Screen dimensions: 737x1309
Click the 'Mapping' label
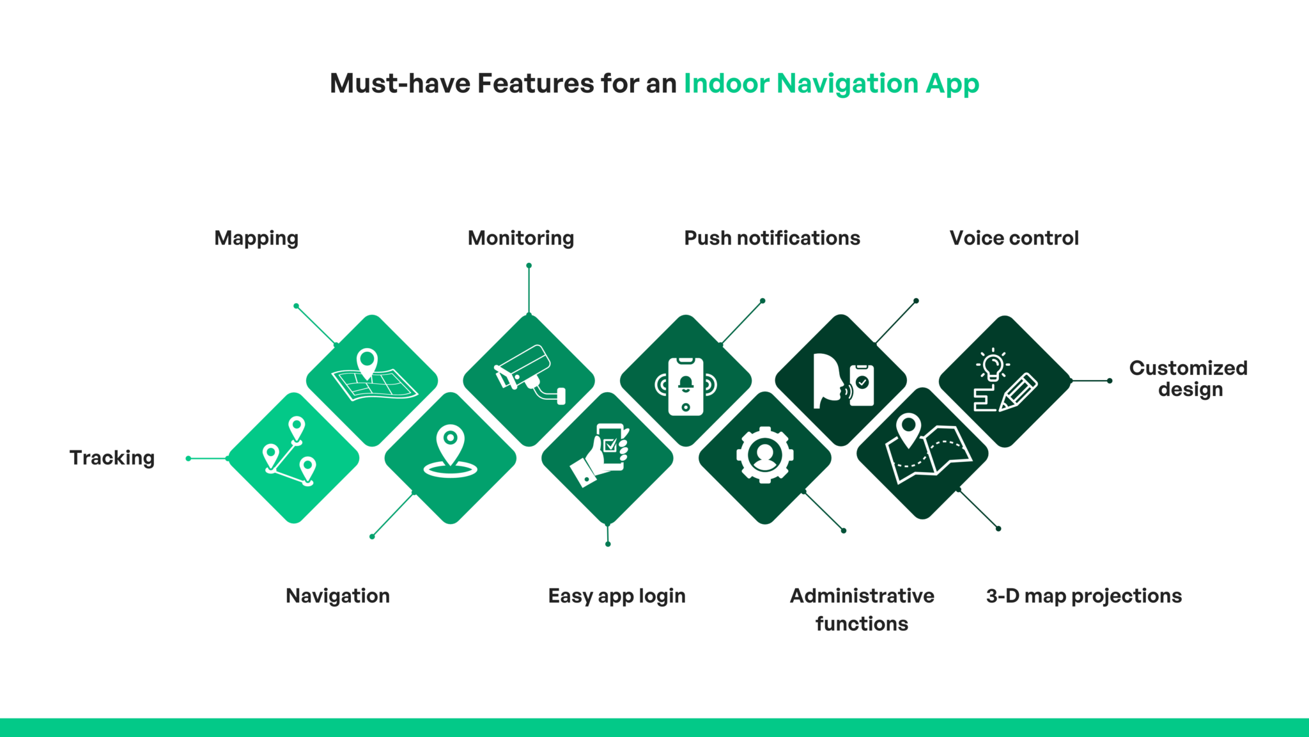point(256,238)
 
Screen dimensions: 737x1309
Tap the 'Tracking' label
point(112,457)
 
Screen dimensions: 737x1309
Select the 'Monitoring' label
point(521,238)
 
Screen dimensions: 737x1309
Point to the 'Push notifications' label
point(772,238)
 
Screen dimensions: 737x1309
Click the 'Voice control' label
point(1014,238)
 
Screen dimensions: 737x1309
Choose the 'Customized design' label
point(1189,379)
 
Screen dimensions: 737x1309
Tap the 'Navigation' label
point(337,596)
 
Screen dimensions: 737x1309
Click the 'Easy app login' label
point(617,596)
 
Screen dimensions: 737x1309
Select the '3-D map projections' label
point(1084,596)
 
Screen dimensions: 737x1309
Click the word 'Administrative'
point(862,596)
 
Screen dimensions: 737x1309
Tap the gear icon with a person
point(765,455)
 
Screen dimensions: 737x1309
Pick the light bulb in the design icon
point(993,366)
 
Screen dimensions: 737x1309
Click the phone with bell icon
point(686,386)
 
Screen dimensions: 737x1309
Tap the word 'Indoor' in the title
point(727,84)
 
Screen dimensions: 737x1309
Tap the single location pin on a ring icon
point(451,452)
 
